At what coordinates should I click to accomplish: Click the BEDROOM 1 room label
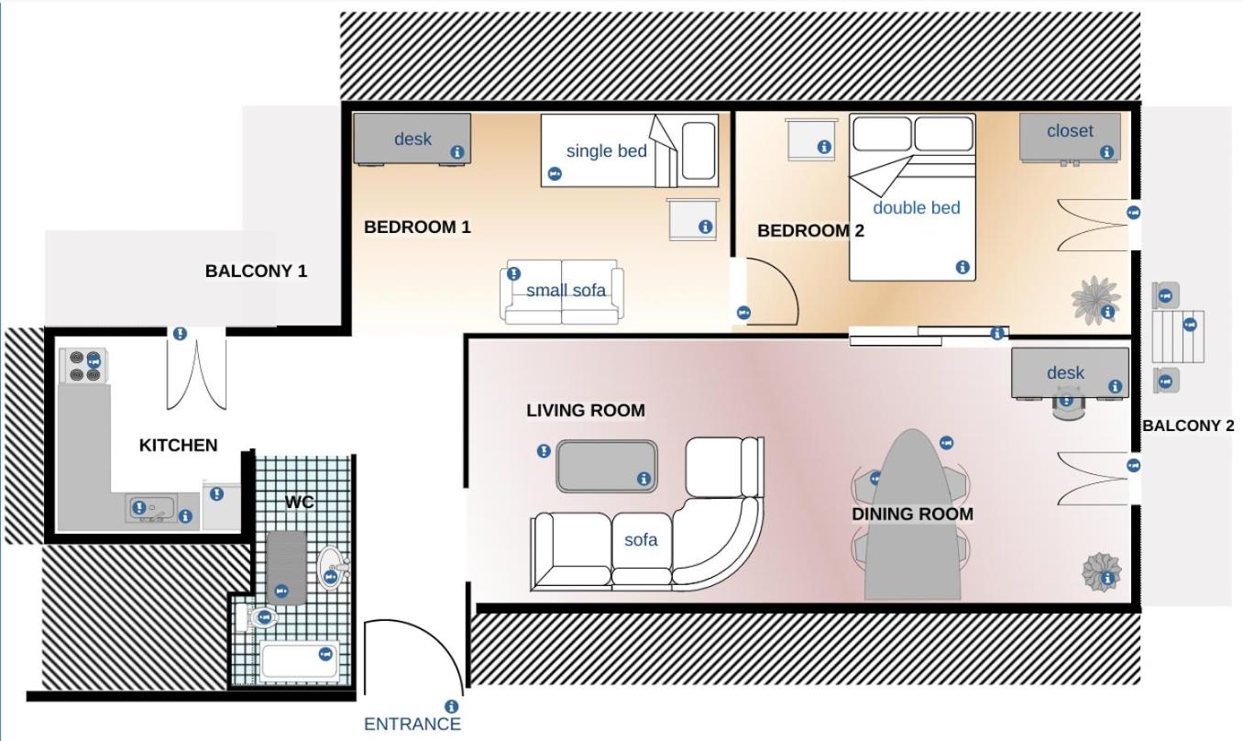(x=417, y=227)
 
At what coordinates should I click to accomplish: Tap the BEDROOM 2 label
(x=810, y=230)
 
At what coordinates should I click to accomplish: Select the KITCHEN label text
(x=178, y=445)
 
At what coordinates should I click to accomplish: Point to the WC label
(x=299, y=502)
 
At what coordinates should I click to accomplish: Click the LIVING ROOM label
(x=586, y=411)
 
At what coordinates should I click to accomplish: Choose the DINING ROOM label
(x=912, y=514)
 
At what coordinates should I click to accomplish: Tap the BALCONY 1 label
(x=256, y=271)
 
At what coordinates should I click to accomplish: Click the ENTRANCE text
(x=412, y=724)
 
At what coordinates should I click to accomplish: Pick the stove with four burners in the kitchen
(x=83, y=366)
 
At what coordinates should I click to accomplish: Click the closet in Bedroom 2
(x=1070, y=138)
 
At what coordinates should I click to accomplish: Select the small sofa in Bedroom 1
(x=562, y=292)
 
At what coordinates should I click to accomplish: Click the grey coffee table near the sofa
(x=607, y=466)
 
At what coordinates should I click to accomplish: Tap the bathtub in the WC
(x=299, y=661)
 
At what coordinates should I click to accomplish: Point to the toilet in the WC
(x=257, y=617)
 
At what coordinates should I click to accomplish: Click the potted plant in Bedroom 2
(x=1094, y=300)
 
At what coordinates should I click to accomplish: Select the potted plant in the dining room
(x=1102, y=571)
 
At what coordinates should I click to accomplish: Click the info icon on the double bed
(x=962, y=267)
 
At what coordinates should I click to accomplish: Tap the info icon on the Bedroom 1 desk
(x=456, y=152)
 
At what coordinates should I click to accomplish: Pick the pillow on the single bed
(x=698, y=150)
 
